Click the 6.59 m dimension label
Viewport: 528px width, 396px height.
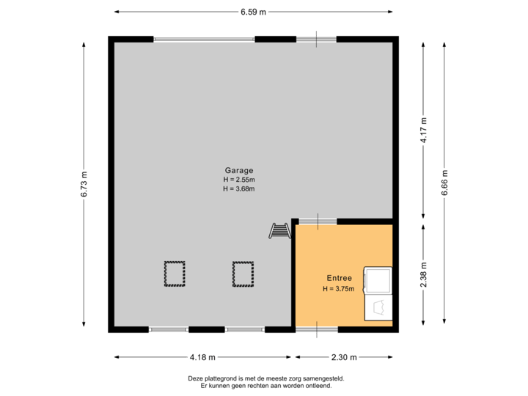(252, 11)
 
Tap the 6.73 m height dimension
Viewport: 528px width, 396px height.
(84, 184)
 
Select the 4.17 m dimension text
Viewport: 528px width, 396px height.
(423, 130)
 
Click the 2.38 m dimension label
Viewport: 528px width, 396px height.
(423, 276)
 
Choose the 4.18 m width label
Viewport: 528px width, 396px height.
(202, 357)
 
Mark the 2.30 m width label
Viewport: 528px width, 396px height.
(344, 357)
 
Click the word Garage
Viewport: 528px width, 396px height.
(239, 170)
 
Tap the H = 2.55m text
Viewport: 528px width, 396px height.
(239, 180)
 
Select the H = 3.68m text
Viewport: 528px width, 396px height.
(239, 189)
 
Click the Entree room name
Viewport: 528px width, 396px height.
(339, 278)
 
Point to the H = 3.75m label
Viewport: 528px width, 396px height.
(339, 289)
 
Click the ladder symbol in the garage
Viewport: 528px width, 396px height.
(279, 230)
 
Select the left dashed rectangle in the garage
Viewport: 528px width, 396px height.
(175, 274)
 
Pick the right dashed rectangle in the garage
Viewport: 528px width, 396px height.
(243, 274)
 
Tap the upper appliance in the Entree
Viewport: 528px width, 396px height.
(379, 279)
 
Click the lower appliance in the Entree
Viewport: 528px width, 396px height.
(379, 307)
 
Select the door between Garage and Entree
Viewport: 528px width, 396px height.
(318, 221)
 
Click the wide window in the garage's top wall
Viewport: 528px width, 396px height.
(204, 39)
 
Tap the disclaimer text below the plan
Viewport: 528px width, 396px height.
(265, 381)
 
